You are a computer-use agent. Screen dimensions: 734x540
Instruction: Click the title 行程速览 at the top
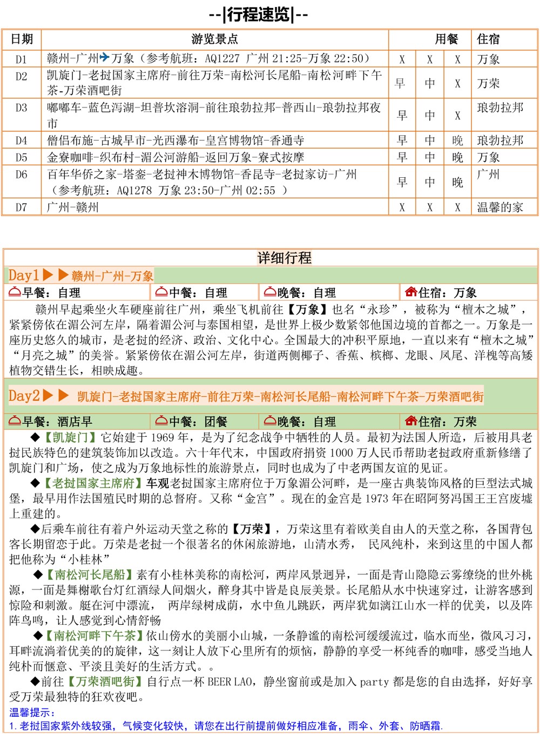(259, 15)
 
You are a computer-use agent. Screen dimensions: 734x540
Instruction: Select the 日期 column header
(22, 39)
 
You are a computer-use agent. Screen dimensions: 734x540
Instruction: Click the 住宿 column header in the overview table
(488, 39)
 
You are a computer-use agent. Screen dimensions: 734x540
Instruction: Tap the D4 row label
(21, 141)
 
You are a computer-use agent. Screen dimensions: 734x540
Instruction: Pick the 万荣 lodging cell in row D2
(488, 83)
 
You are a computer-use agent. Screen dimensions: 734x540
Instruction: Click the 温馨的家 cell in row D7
(500, 207)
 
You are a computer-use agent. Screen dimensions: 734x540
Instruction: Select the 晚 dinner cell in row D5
(457, 157)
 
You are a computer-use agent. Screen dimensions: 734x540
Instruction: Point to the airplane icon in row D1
(105, 57)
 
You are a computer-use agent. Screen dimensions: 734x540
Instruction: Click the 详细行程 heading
(284, 258)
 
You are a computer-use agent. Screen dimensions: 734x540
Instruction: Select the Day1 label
(24, 275)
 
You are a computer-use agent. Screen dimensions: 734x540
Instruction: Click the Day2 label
(24, 396)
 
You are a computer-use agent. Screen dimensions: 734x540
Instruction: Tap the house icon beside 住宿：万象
(410, 292)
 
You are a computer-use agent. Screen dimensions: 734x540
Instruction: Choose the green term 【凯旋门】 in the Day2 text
(70, 437)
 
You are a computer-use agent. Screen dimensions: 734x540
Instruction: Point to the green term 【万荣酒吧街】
(105, 682)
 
